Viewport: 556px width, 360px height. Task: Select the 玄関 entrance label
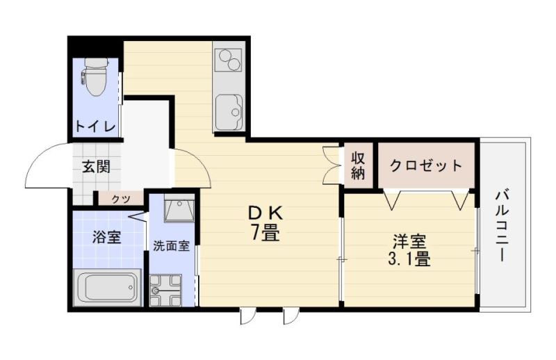click(96, 167)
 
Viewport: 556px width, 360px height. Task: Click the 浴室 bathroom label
click(107, 237)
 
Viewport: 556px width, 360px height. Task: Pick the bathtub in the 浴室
click(106, 285)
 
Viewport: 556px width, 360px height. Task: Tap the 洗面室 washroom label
click(172, 246)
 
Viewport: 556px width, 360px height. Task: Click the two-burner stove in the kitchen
click(229, 60)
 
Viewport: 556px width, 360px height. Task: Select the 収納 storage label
click(358, 165)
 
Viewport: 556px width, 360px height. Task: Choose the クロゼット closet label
click(425, 165)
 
